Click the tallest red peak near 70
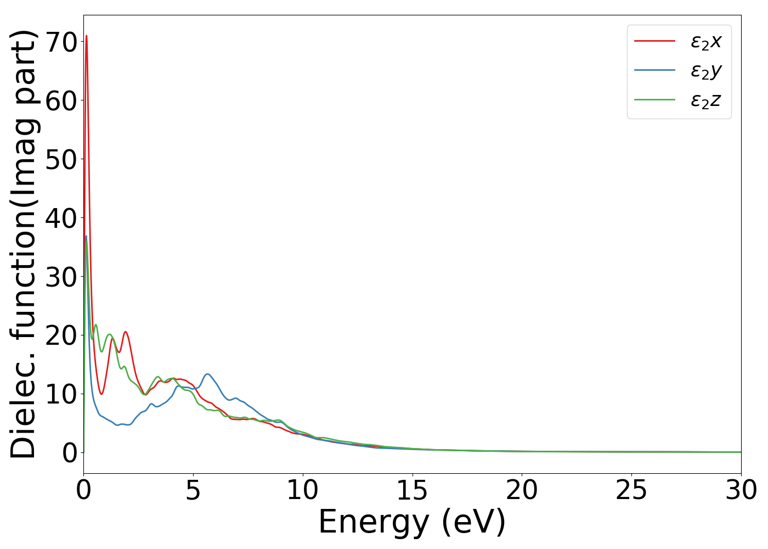tap(86, 36)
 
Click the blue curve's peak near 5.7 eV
tap(207, 374)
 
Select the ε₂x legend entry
tap(705, 41)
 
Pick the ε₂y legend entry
tap(705, 71)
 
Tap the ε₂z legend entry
tap(705, 100)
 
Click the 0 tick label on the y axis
tap(69, 453)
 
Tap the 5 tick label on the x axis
tap(193, 491)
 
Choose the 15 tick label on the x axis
tap(412, 491)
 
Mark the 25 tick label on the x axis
tap(631, 491)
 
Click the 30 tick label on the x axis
tap(741, 491)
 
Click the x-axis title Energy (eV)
tap(412, 522)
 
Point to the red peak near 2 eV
tap(126, 332)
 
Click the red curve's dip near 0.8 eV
tap(101, 394)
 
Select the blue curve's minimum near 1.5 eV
tap(117, 425)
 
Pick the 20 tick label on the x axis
tap(522, 491)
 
